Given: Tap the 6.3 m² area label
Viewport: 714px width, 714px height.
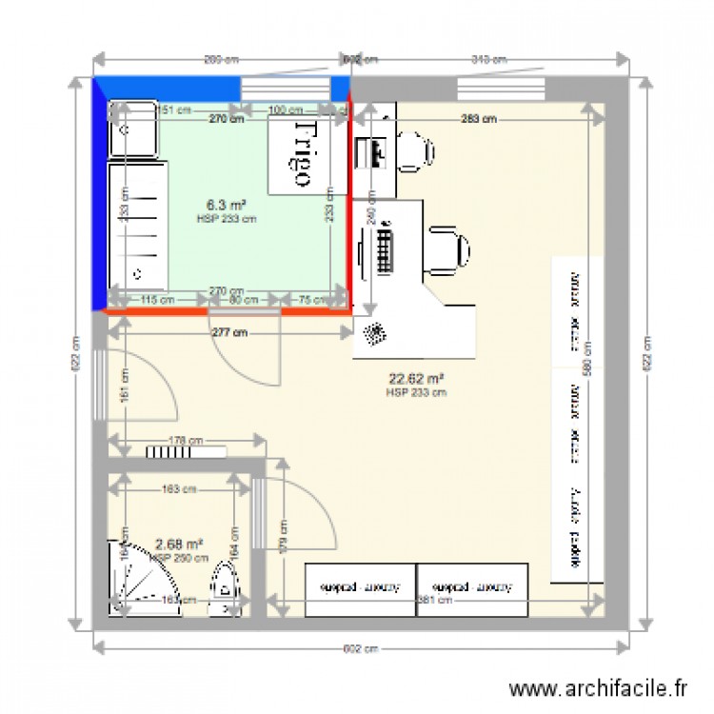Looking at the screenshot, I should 227,205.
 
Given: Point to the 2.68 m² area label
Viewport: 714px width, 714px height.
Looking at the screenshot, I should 179,545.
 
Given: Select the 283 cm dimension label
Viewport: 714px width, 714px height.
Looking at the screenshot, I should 478,120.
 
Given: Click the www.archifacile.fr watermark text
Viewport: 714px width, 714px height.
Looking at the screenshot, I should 598,687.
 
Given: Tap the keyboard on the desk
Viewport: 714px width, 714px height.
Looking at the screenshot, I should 386,248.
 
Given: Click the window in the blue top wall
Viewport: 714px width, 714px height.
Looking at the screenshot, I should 285,89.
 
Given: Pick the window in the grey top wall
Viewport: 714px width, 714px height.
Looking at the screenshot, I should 501,89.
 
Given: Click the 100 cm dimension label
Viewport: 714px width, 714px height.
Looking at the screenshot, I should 280,111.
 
